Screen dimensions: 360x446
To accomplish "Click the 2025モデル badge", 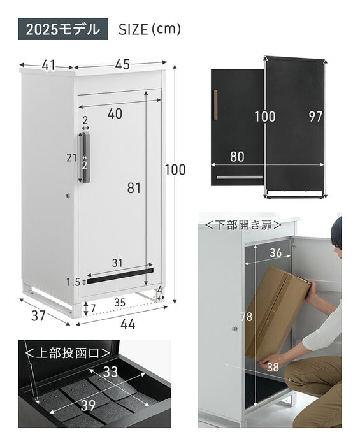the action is click(x=63, y=29).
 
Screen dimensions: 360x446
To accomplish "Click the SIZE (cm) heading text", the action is click(x=150, y=29).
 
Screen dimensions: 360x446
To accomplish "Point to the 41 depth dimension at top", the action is click(x=48, y=66).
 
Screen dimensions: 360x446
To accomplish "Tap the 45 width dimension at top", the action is click(x=122, y=64).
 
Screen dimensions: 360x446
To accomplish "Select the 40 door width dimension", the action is click(x=115, y=113).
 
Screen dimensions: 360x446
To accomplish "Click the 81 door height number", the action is click(x=134, y=188).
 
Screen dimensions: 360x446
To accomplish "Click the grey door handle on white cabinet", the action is click(x=85, y=157).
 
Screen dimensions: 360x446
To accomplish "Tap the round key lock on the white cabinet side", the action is click(x=68, y=196).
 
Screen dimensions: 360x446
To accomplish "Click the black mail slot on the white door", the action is click(x=120, y=276).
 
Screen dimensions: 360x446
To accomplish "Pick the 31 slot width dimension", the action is click(x=117, y=263).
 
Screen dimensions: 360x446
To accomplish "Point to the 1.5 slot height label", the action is click(x=73, y=282).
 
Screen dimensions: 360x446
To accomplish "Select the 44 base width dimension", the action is click(x=127, y=324).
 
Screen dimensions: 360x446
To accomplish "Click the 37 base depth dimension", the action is click(x=38, y=316).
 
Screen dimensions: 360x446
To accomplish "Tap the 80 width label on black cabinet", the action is click(x=237, y=157).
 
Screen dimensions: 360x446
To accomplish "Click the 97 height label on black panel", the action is click(x=315, y=117).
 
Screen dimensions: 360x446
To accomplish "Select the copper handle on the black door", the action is click(x=215, y=105).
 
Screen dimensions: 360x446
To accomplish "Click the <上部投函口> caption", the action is click(x=68, y=353).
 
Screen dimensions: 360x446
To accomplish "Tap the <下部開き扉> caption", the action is click(x=243, y=225).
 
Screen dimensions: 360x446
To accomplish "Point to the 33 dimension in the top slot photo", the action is click(x=110, y=371).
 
